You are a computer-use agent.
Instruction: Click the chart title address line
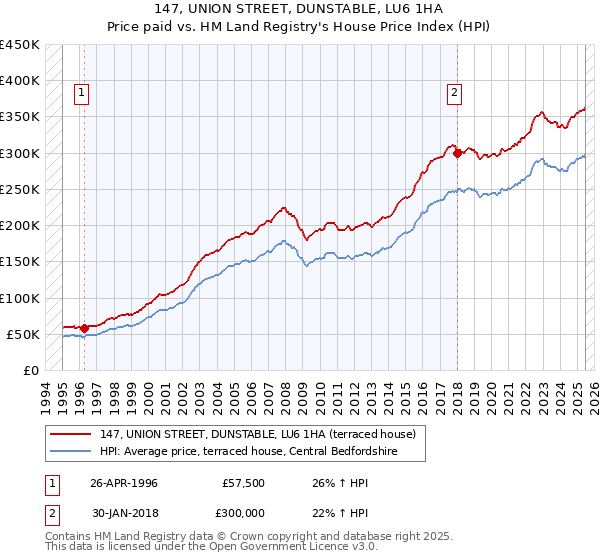[299, 9]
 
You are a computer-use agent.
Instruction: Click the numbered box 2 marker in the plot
[454, 93]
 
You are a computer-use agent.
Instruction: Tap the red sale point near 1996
[84, 328]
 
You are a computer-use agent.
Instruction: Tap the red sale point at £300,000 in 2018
[457, 153]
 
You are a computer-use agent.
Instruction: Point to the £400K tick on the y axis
[20, 81]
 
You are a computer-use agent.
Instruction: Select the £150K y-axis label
[20, 262]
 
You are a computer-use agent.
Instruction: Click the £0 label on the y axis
[30, 371]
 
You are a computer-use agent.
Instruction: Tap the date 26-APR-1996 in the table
[124, 482]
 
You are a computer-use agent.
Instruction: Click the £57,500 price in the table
[244, 482]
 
